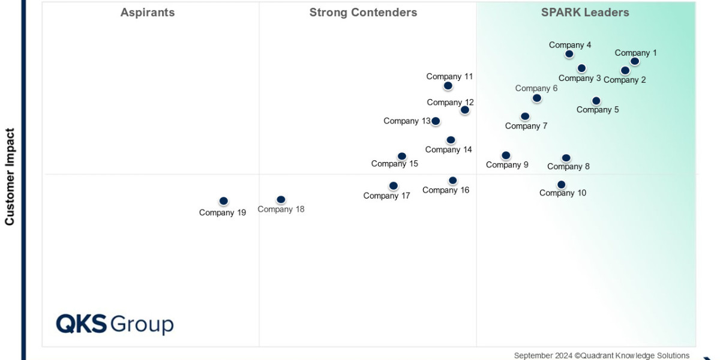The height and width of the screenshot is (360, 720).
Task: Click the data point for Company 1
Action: pyautogui.click(x=635, y=61)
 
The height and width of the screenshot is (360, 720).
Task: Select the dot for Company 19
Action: pyautogui.click(x=224, y=201)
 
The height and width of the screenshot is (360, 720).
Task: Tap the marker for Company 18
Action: pyautogui.click(x=281, y=200)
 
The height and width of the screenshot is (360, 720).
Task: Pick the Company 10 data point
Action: pyautogui.click(x=561, y=185)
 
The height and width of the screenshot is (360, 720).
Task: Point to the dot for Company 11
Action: pyautogui.click(x=448, y=86)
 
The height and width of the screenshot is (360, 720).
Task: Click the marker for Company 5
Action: pyautogui.click(x=596, y=101)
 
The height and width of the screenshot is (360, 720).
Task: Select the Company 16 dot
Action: pyautogui.click(x=452, y=181)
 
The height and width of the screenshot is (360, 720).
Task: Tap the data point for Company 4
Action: pyautogui.click(x=569, y=54)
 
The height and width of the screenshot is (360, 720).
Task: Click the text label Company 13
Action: pyautogui.click(x=407, y=121)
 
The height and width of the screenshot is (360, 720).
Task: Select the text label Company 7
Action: pyautogui.click(x=526, y=126)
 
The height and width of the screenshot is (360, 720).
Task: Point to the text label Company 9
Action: pyautogui.click(x=507, y=165)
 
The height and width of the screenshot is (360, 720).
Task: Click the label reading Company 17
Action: pyautogui.click(x=386, y=196)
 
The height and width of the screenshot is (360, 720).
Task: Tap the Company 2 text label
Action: pyautogui.click(x=625, y=80)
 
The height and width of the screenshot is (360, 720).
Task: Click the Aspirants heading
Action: pyautogui.click(x=148, y=13)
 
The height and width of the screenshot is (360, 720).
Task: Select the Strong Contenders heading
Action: pyautogui.click(x=363, y=13)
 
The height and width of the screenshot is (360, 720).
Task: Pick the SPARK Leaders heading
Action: pyautogui.click(x=585, y=13)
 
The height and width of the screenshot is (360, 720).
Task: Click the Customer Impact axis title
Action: pyautogui.click(x=10, y=176)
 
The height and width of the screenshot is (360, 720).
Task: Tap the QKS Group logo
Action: pyautogui.click(x=115, y=324)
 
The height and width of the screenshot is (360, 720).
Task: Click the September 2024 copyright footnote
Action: pyautogui.click(x=601, y=355)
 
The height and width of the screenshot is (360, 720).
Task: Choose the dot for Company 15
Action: pyautogui.click(x=402, y=157)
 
